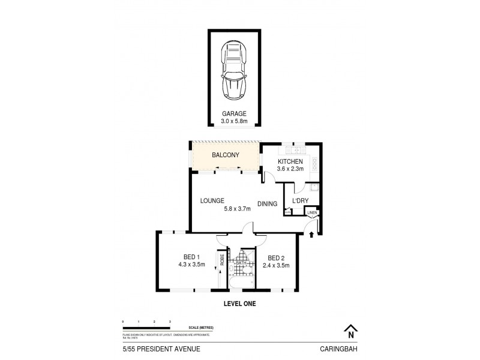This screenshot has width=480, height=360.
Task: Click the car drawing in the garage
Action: (234, 70)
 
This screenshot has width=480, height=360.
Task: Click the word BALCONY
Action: (226, 155)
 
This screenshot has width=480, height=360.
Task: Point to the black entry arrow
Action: (311, 235)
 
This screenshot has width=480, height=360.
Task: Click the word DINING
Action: (268, 204)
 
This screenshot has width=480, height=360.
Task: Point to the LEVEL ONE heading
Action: (240, 304)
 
